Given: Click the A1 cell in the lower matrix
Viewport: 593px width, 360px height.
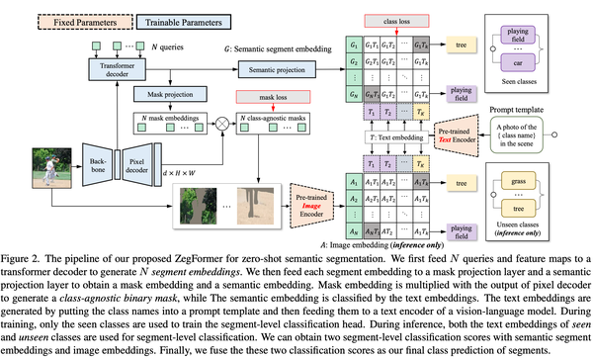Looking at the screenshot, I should click(352, 184).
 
